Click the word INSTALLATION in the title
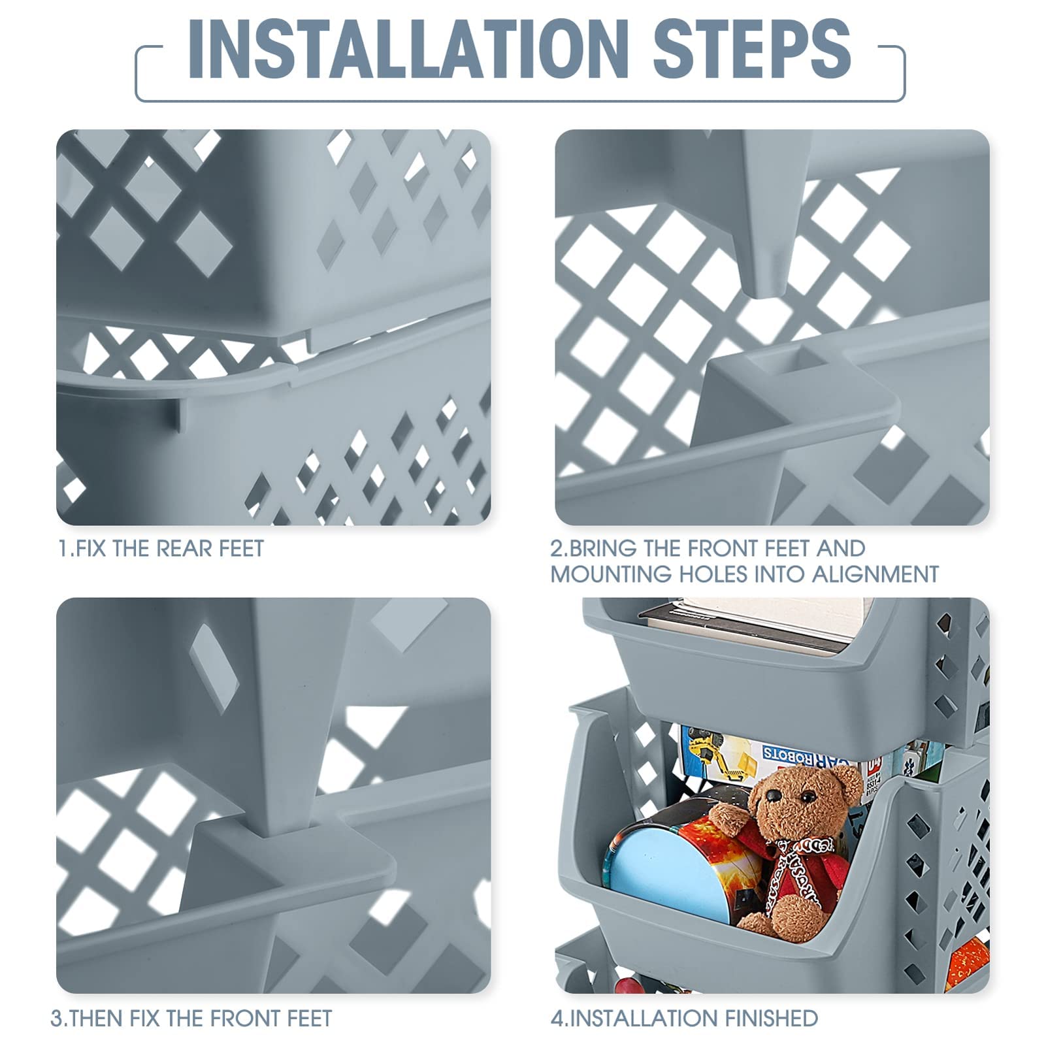(408, 48)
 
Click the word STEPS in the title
(753, 48)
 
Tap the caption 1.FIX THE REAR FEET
(161, 549)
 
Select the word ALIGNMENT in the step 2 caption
(875, 574)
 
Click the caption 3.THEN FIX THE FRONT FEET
(191, 1018)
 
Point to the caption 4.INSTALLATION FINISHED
(684, 1018)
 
